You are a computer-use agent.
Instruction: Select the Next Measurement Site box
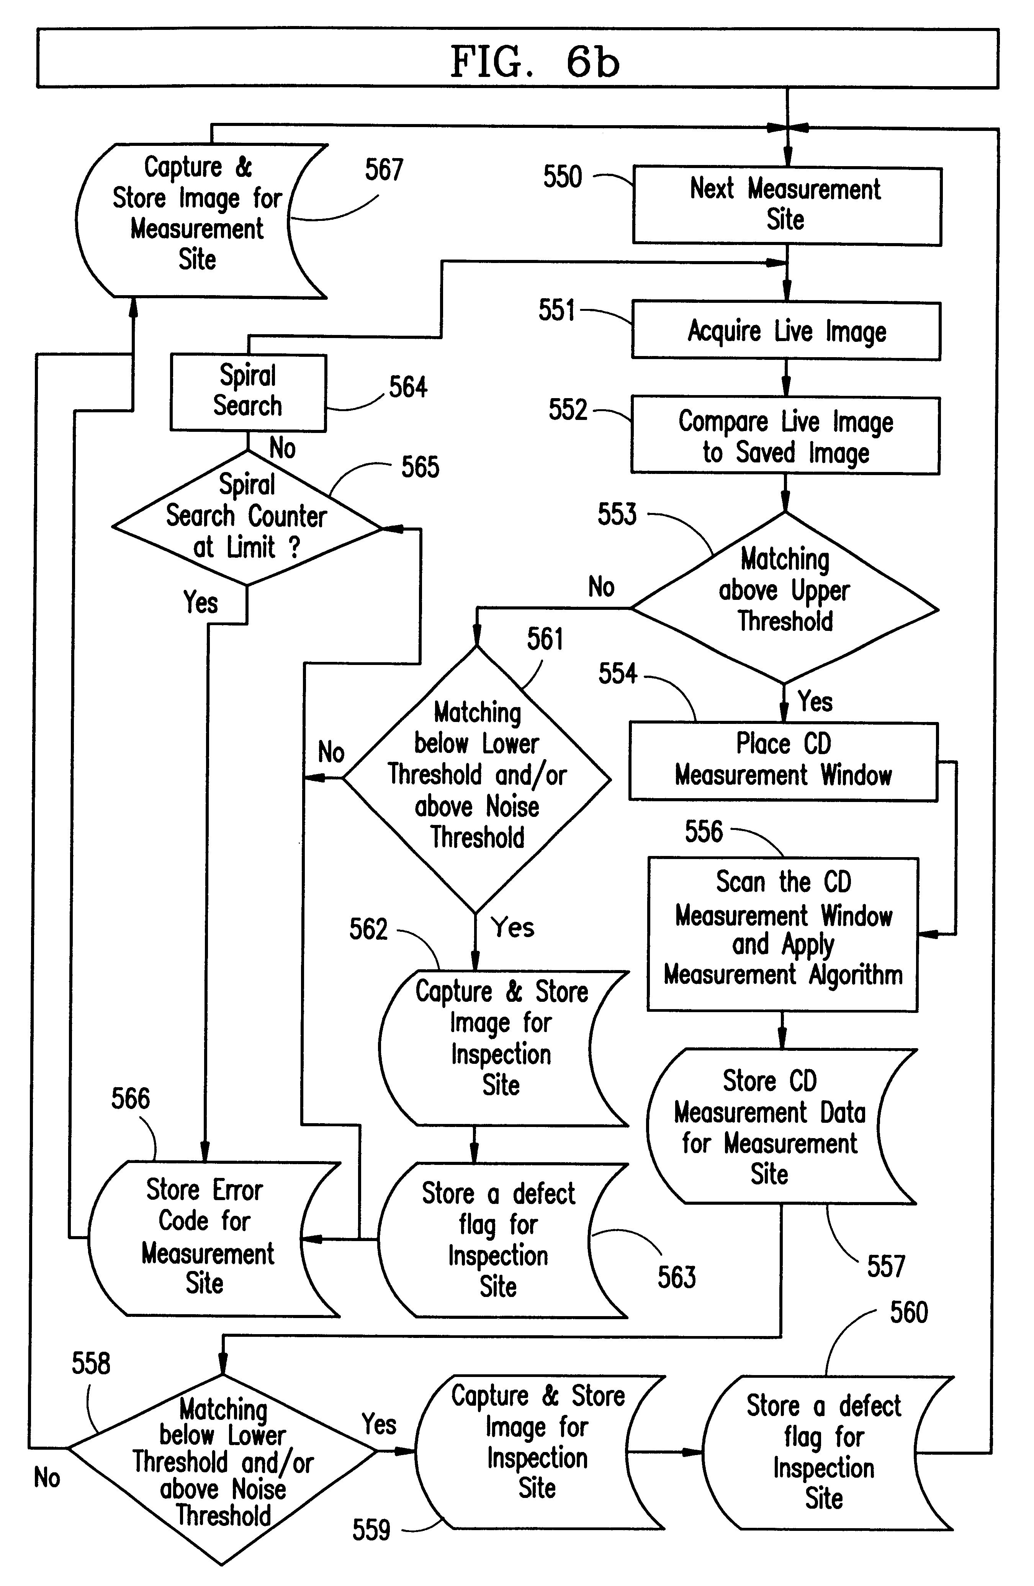click(x=787, y=205)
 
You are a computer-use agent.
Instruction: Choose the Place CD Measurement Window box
click(x=783, y=761)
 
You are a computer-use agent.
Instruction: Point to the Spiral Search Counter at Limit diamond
click(x=247, y=518)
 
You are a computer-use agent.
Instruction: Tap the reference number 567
click(x=384, y=170)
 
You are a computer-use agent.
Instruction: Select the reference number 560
click(x=909, y=1313)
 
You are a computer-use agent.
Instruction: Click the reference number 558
click(x=91, y=1364)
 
